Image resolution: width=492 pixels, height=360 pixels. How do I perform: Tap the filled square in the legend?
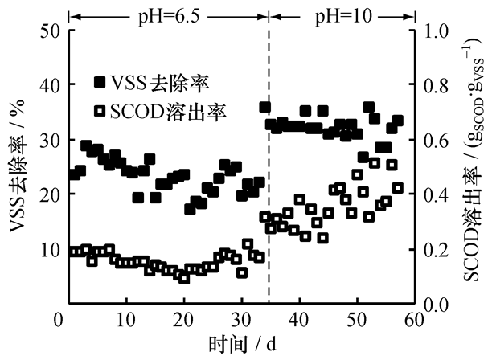point(100,83)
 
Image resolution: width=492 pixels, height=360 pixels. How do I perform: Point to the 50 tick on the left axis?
point(48,31)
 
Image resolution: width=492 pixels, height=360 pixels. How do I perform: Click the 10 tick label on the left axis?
point(48,249)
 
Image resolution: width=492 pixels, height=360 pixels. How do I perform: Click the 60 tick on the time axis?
point(414,321)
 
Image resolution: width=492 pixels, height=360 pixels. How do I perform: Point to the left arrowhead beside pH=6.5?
point(74,13)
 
